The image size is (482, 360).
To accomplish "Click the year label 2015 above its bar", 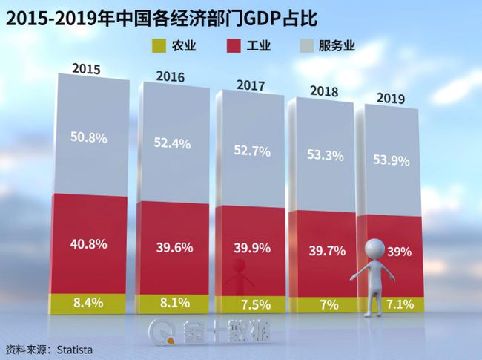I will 87,68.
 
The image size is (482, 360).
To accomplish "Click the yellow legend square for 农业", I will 156,46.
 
